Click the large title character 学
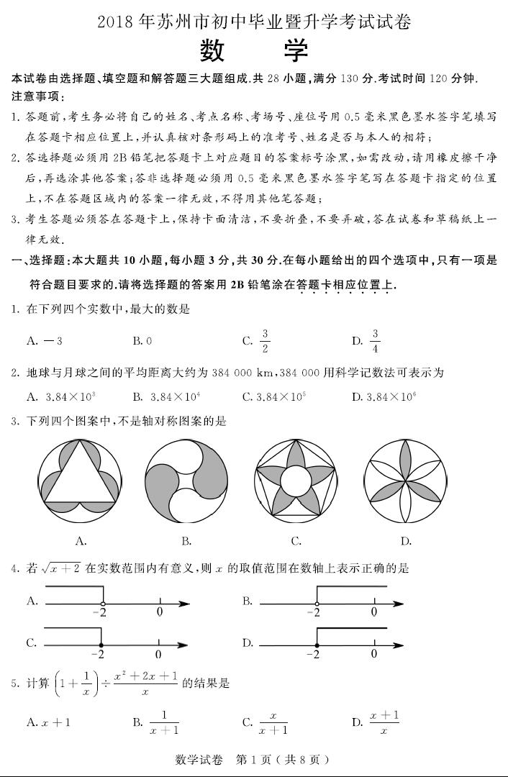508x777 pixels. [294, 51]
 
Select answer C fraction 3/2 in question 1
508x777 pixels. [265, 341]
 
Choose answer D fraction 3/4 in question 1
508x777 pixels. [374, 341]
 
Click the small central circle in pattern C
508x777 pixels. [294, 478]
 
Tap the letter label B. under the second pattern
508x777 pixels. [186, 541]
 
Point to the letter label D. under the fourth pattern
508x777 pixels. [405, 541]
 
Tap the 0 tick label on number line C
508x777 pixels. [158, 655]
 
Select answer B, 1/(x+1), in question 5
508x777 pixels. [165, 722]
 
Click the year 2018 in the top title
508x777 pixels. [117, 22]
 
